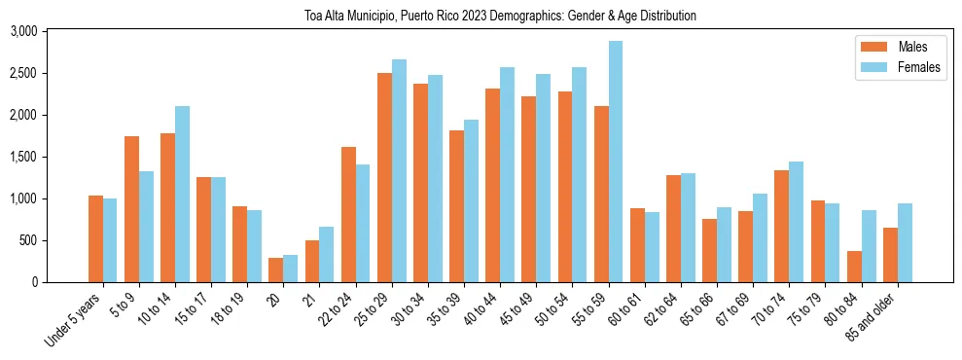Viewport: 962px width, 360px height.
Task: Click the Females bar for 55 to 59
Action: [616, 162]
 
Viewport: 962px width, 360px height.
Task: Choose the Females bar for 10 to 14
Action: [182, 194]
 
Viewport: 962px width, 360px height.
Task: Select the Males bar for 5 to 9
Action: [131, 209]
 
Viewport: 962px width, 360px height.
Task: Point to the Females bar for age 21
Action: [327, 254]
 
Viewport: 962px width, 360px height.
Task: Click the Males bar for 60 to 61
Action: [637, 245]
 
